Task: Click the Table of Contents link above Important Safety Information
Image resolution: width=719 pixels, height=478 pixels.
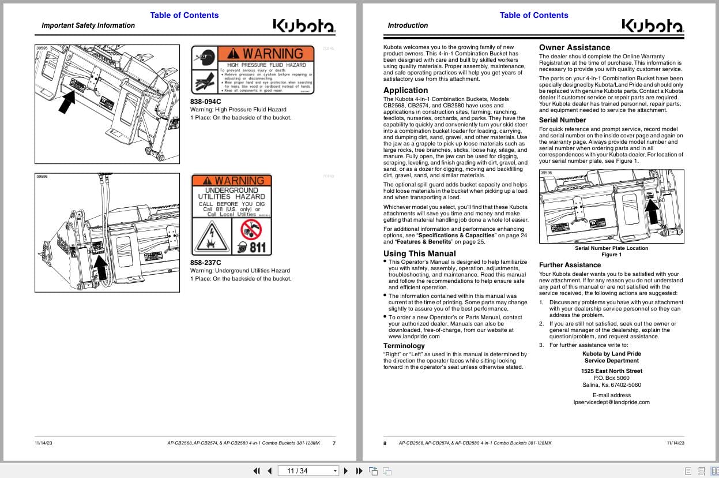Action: pyautogui.click(x=185, y=15)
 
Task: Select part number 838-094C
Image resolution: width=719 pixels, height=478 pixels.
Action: pyautogui.click(x=206, y=102)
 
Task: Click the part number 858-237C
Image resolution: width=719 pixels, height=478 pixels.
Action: pyautogui.click(x=206, y=263)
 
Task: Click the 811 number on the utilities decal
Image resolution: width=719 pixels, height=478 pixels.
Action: pyautogui.click(x=256, y=247)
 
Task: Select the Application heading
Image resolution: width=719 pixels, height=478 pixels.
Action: pyautogui.click(x=405, y=90)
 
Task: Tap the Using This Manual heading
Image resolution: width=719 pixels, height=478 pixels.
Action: pyautogui.click(x=419, y=253)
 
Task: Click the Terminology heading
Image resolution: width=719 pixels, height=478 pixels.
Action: pyautogui.click(x=404, y=346)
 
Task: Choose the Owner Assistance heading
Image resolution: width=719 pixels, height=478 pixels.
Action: pyautogui.click(x=574, y=47)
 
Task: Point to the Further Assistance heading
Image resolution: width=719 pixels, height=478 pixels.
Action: pyautogui.click(x=570, y=265)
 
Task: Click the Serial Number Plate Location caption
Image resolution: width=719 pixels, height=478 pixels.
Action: pyautogui.click(x=611, y=248)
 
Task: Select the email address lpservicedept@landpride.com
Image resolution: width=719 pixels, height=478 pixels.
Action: pyautogui.click(x=611, y=402)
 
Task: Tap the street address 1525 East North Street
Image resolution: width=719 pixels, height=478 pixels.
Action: pyautogui.click(x=611, y=371)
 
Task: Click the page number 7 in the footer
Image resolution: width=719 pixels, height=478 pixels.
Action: pyautogui.click(x=334, y=443)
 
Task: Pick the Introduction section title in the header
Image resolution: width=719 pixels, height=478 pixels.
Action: pyautogui.click(x=408, y=25)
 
